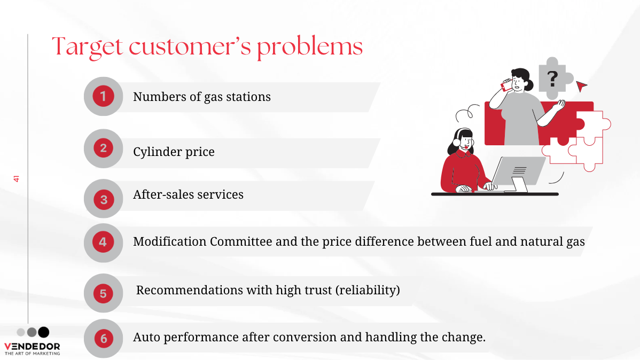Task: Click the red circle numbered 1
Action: tap(103, 96)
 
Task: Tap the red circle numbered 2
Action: tap(103, 148)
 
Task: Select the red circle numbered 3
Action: tap(104, 200)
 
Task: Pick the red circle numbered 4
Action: tap(103, 242)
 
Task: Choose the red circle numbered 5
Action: tap(103, 293)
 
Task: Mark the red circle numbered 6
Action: tap(104, 338)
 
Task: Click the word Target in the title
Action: tap(88, 47)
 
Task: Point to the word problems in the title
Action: tap(310, 46)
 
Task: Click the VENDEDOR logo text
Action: tap(32, 347)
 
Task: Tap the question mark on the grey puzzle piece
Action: tap(552, 79)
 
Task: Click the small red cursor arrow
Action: tap(581, 85)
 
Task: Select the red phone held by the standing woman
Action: tap(506, 85)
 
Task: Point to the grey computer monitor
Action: tap(518, 171)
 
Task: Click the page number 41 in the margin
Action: tap(17, 179)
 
